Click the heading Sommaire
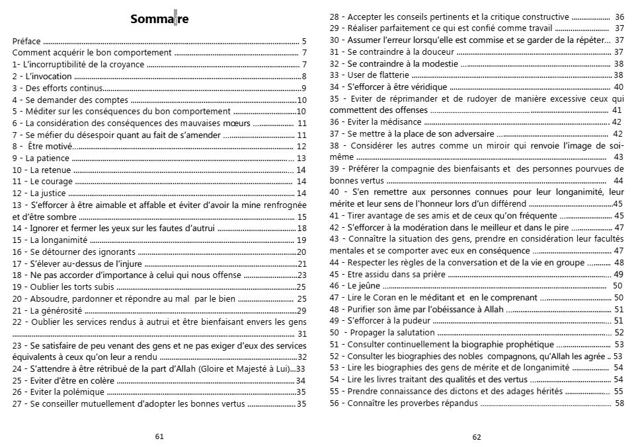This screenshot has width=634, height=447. pos(159,19)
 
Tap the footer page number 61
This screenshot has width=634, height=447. pos(159,436)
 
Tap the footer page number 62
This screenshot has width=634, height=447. pos(477,436)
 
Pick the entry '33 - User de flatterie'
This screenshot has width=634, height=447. pos(370,75)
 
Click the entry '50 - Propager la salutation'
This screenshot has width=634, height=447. pos(381,333)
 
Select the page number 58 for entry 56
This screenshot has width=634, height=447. pos(619,403)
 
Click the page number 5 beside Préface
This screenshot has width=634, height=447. pos(303,41)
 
